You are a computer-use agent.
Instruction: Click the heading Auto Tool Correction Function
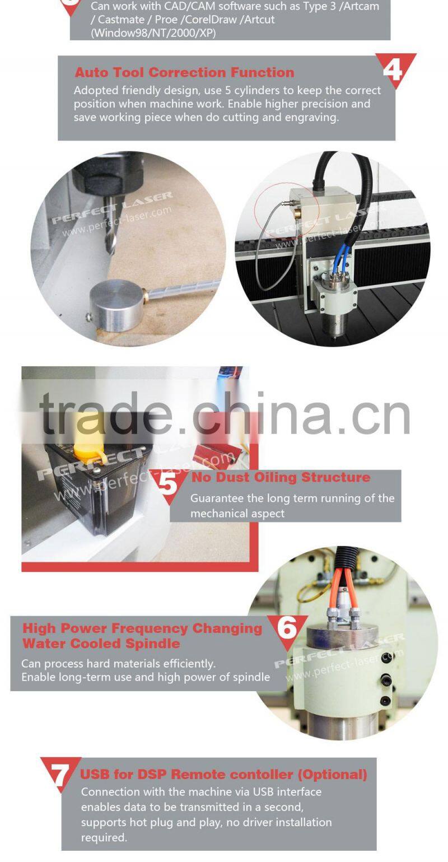[184, 72]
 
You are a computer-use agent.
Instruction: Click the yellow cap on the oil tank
[89, 440]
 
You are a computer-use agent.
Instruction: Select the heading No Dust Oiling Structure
[281, 477]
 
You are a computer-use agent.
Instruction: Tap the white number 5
[167, 483]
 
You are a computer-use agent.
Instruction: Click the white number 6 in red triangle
[287, 628]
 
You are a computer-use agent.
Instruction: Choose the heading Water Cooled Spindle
[101, 644]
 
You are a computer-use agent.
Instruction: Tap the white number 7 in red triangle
[60, 774]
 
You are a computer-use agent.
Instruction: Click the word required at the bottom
[104, 837]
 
